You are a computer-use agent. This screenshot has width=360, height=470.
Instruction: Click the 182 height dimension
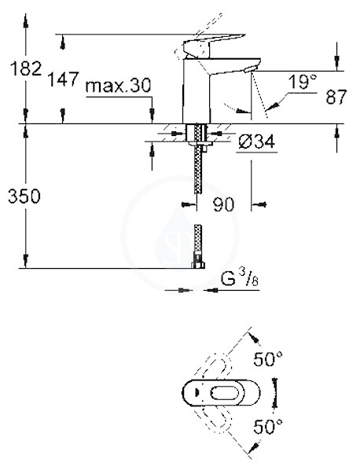[26, 68]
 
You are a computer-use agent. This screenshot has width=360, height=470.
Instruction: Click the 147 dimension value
[64, 79]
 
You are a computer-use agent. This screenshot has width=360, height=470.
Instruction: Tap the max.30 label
[118, 86]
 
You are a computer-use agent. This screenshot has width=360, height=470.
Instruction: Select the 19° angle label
[303, 82]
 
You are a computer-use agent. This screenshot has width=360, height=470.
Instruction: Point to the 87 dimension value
[336, 97]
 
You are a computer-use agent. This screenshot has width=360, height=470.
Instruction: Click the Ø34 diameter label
[256, 141]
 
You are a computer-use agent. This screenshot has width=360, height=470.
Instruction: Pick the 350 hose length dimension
[24, 196]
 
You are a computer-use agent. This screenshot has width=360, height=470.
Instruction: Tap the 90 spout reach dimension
[223, 204]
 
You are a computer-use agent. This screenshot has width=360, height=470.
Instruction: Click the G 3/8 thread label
[240, 279]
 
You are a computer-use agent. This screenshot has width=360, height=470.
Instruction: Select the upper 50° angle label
[268, 359]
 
